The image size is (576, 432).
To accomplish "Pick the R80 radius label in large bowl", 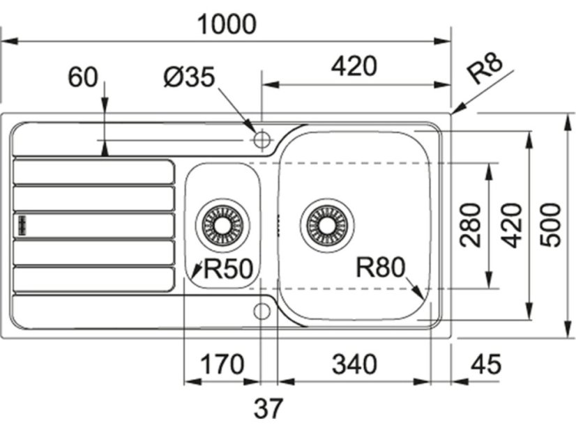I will tap(380, 268).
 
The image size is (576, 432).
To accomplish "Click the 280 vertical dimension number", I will tap(471, 225).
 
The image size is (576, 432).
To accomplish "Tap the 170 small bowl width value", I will tap(222, 364).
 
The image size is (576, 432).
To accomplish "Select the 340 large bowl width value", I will tap(354, 364).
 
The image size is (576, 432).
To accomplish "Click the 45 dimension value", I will tap(487, 364).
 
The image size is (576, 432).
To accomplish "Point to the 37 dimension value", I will tap(269, 409).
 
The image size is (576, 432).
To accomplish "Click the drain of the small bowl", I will tap(223, 224).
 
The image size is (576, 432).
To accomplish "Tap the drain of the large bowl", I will tap(326, 224).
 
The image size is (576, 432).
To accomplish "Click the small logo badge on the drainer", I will tap(22, 224).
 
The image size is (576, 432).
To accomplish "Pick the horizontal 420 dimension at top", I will tap(354, 66).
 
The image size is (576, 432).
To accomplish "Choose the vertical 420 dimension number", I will tap(512, 225).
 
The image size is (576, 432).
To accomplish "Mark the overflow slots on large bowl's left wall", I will tap(278, 224).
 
